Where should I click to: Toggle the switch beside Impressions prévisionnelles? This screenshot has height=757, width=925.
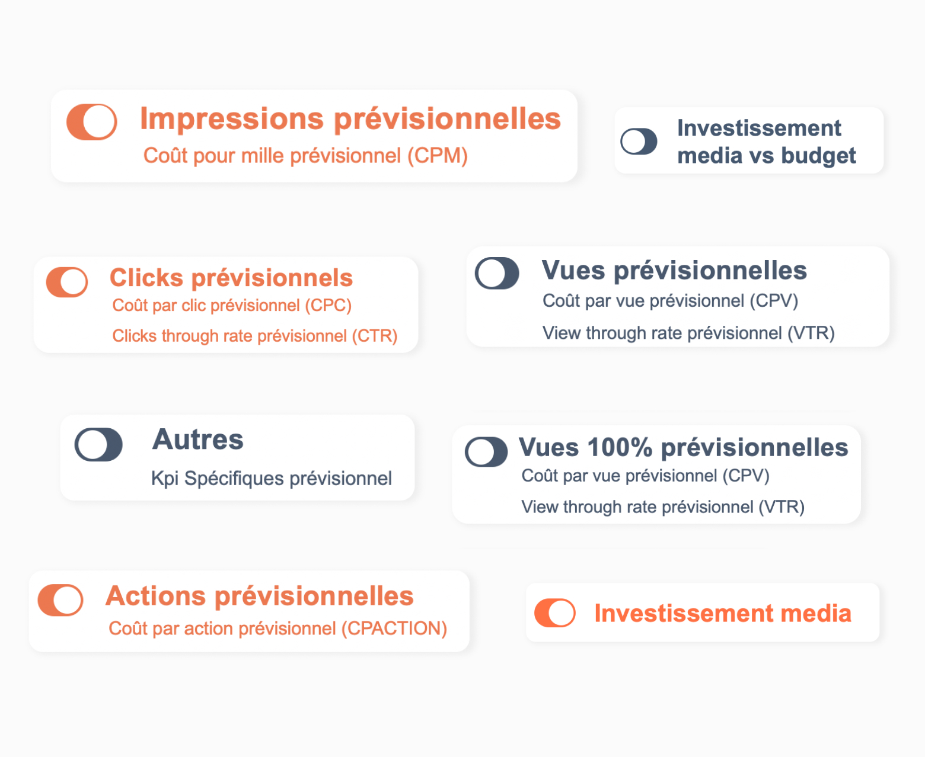92,122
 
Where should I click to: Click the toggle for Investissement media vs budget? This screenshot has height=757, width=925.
639,141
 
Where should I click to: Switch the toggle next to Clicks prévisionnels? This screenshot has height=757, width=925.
67,282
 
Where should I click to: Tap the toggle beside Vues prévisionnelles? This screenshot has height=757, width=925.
497,273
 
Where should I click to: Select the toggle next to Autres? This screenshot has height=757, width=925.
98,444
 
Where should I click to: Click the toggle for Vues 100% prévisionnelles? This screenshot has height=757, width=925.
486,452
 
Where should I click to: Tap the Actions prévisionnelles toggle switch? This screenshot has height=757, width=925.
60,600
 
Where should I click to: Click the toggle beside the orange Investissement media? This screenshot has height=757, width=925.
555,613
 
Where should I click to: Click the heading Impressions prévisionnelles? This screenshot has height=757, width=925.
350,119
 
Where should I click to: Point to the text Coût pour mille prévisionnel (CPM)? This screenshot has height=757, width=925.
306,156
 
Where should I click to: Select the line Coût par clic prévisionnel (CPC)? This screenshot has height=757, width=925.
232,305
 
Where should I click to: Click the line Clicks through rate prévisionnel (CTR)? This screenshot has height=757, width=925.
255,336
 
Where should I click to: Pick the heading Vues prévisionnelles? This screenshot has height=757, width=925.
674,270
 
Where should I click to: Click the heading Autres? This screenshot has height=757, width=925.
197,440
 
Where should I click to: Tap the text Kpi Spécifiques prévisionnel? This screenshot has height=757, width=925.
272,479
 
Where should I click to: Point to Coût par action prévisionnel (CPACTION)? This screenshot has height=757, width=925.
278,628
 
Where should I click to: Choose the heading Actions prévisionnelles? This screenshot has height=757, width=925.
260,596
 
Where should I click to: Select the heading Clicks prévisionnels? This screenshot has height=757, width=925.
231,278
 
